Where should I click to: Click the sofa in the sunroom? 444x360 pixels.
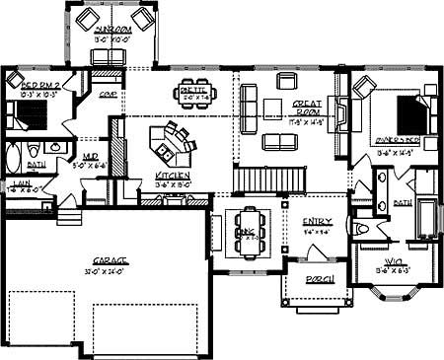[x=114, y=57]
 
